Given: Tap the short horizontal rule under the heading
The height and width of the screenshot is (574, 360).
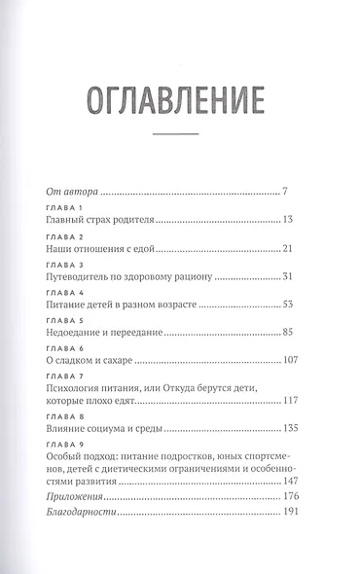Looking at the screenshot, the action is (x=178, y=134).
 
